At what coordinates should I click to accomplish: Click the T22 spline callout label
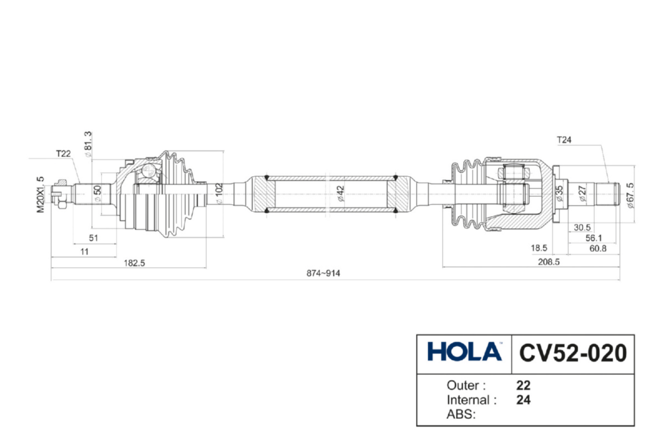(63, 154)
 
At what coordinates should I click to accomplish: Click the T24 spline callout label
(564, 140)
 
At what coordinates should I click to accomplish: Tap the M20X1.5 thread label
(40, 194)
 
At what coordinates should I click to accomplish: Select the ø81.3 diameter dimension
(88, 144)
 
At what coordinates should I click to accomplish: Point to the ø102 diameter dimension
(219, 193)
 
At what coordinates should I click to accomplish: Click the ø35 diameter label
(559, 193)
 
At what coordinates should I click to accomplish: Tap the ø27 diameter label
(582, 193)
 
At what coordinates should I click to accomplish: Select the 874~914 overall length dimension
(323, 273)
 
